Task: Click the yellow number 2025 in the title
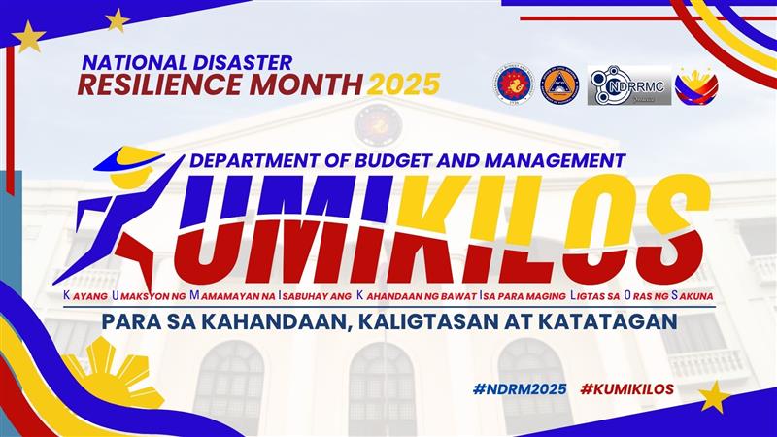403,84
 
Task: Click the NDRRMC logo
629,85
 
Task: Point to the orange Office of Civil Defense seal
559,85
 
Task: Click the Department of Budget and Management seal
514,84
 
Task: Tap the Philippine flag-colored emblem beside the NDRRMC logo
696,85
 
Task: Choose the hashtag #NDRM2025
520,389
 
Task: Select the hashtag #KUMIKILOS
626,389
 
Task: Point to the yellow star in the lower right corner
714,397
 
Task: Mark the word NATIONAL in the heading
135,62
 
